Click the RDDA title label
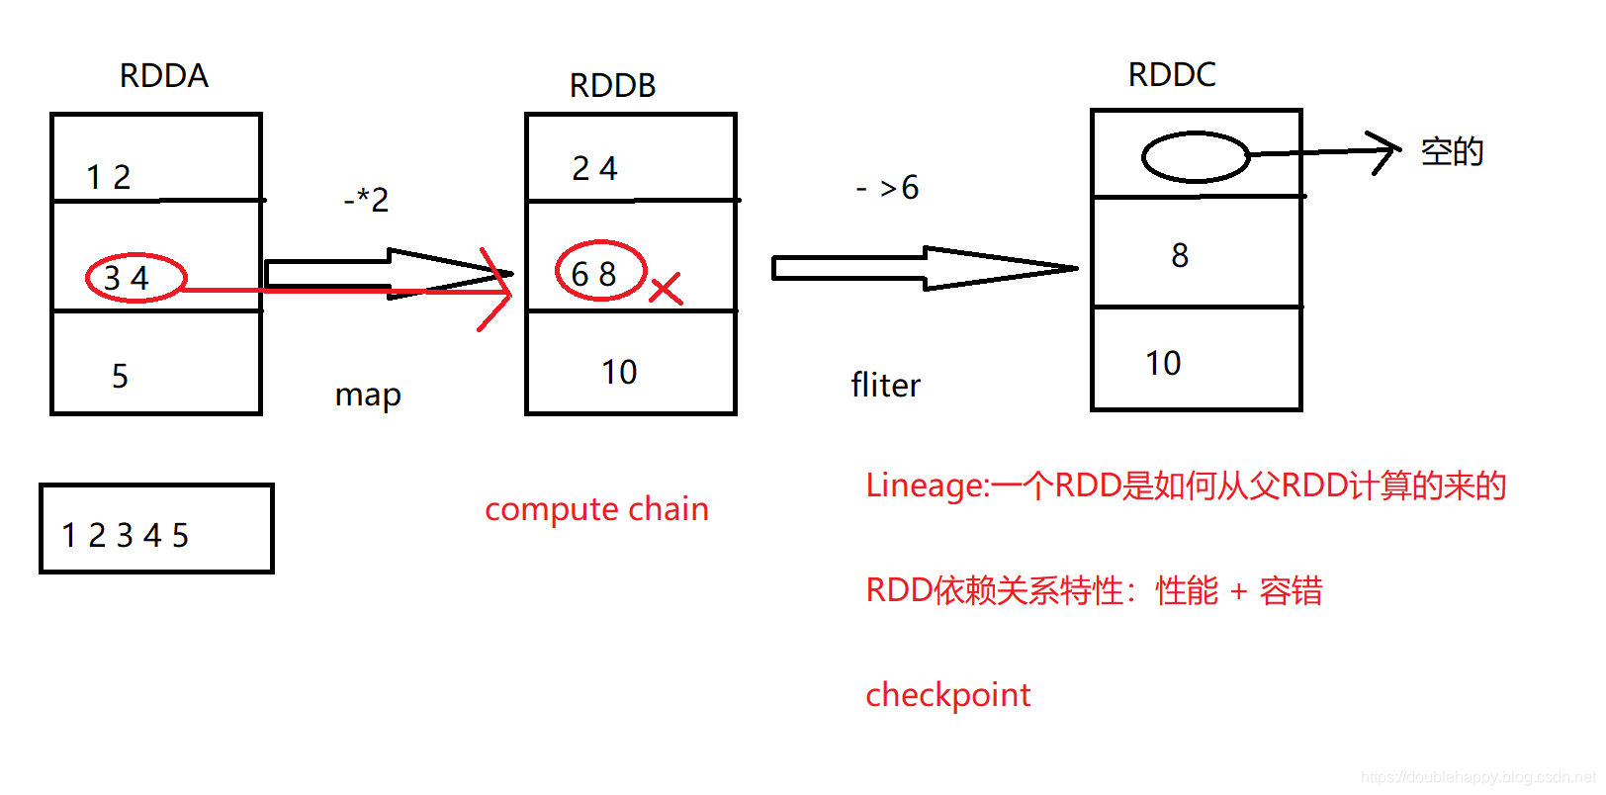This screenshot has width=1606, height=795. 163,75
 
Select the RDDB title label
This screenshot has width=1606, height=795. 612,85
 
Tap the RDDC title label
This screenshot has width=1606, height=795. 1171,74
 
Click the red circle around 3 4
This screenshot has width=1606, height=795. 135,277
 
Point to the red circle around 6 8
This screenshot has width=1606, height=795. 600,270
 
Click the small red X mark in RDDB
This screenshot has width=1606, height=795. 666,289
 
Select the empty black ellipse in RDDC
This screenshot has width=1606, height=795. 1195,156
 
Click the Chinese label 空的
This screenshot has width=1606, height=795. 1452,151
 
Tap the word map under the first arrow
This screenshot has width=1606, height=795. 368,395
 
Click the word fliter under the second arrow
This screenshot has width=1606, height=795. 885,385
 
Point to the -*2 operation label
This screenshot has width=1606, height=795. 366,200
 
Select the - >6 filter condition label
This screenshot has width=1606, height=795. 887,187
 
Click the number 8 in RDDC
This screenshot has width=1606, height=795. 1179,255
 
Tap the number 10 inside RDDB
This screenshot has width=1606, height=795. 619,372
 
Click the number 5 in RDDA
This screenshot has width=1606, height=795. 120,376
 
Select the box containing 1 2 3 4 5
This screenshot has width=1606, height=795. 156,529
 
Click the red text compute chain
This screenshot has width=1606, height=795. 596,508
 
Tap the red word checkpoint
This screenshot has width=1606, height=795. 947,694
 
